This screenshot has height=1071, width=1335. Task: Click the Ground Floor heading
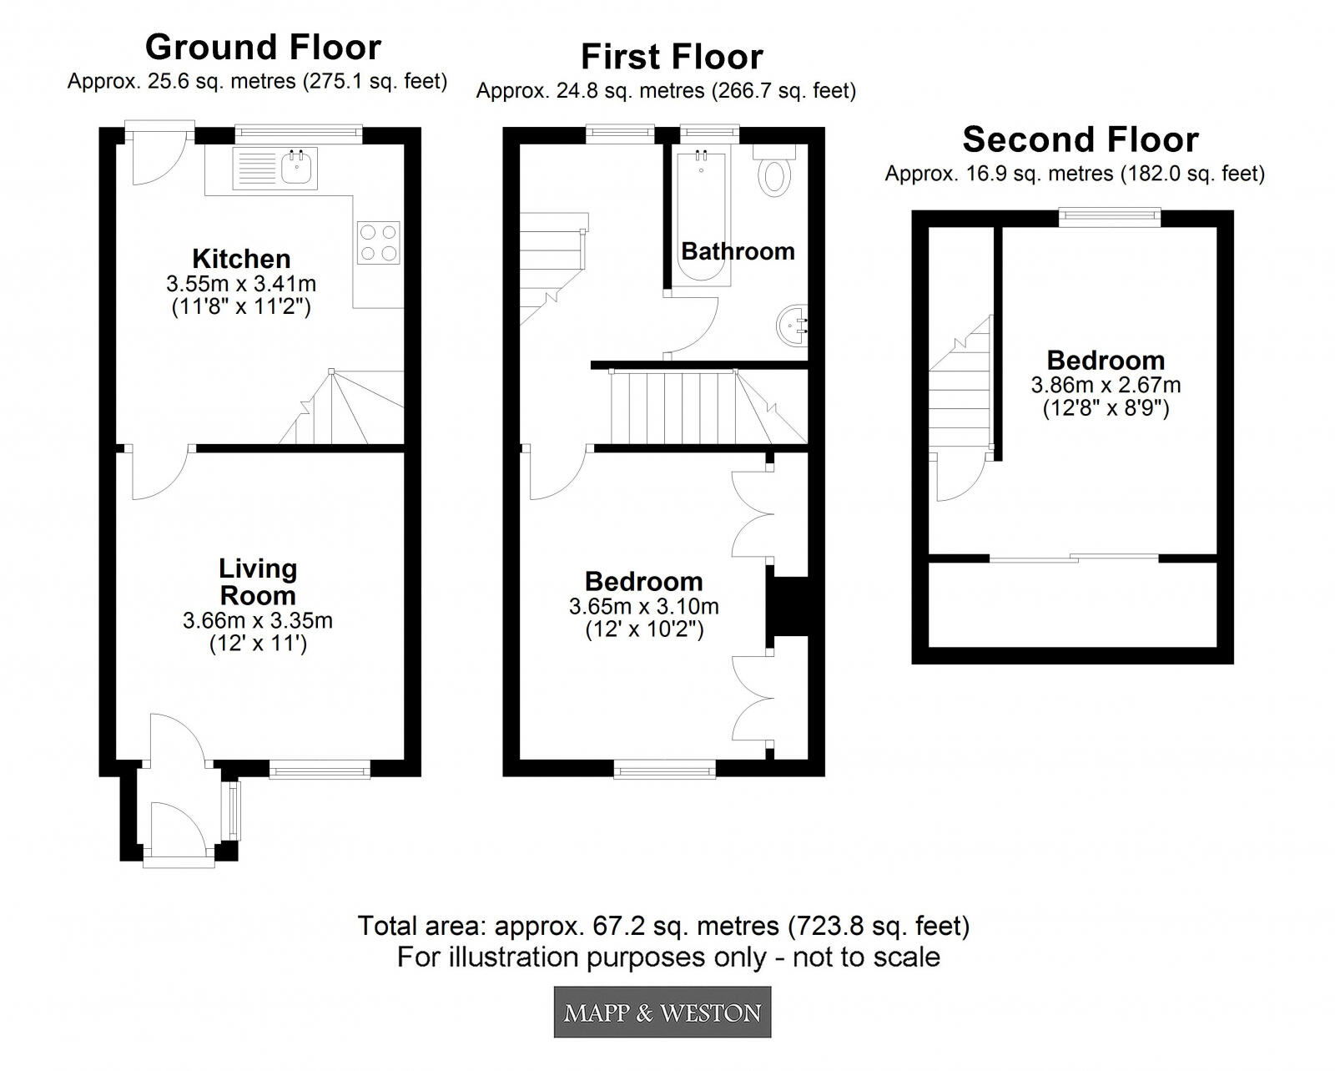point(263,48)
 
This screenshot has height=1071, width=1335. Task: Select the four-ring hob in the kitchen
point(378,242)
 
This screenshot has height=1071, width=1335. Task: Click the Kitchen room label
point(241,259)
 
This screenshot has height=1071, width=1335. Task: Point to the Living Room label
point(257,582)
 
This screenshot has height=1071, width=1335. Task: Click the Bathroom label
point(738,251)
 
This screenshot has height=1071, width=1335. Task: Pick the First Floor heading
point(672,57)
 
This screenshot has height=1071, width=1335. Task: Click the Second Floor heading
point(1081,139)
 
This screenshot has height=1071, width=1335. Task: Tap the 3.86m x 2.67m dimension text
point(1106,385)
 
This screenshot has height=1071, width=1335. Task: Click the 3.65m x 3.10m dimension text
point(643,607)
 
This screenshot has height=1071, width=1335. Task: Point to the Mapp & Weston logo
point(662,1013)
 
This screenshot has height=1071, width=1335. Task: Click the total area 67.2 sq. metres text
point(663,926)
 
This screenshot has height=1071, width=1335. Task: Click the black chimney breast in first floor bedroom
point(788,606)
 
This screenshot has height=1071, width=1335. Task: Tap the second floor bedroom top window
point(1110,217)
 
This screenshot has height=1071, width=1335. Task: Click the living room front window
point(320,769)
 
